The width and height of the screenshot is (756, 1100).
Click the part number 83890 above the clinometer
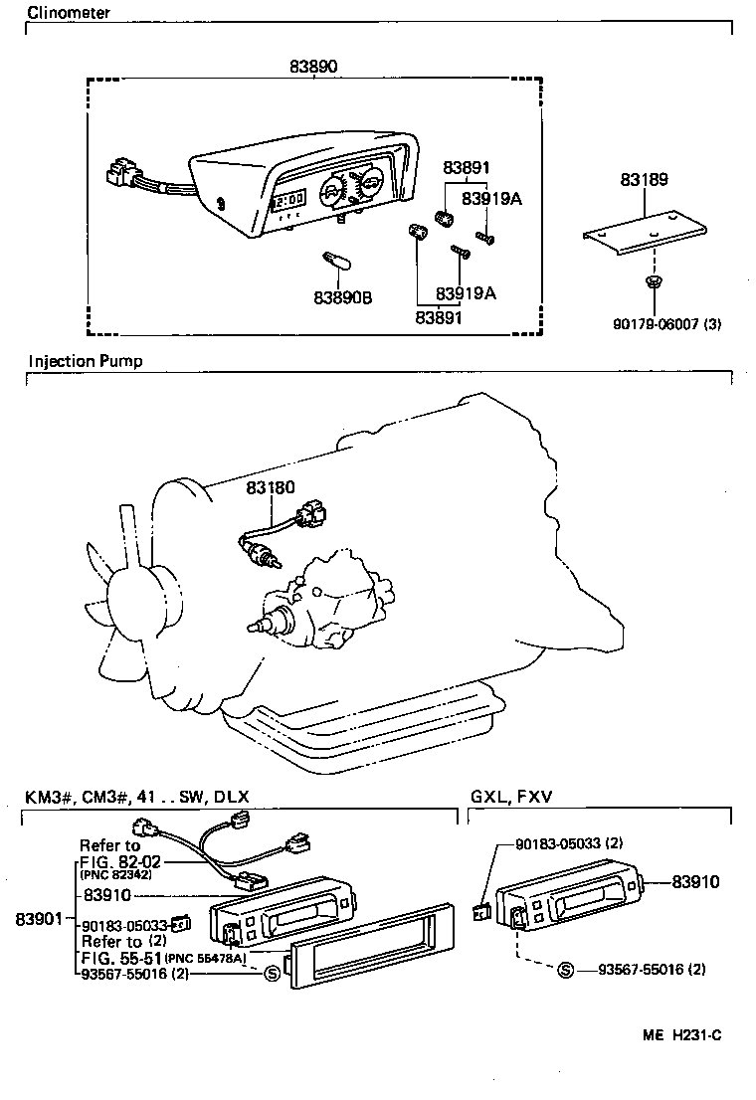pyautogui.click(x=313, y=67)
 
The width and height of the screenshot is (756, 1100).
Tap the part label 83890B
pyautogui.click(x=342, y=297)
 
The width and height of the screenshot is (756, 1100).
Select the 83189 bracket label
pyautogui.click(x=643, y=181)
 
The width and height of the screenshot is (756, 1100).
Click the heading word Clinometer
pyautogui.click(x=69, y=13)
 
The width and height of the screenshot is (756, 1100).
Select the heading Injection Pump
pyautogui.click(x=86, y=361)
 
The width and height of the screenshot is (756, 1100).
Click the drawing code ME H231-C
pyautogui.click(x=681, y=1034)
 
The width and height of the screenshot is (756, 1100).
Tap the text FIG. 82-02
pyautogui.click(x=120, y=861)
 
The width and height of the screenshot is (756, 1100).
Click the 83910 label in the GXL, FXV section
pyautogui.click(x=695, y=881)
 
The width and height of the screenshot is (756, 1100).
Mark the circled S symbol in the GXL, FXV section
pyautogui.click(x=565, y=969)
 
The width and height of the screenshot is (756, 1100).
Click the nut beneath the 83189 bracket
pyautogui.click(x=652, y=284)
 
